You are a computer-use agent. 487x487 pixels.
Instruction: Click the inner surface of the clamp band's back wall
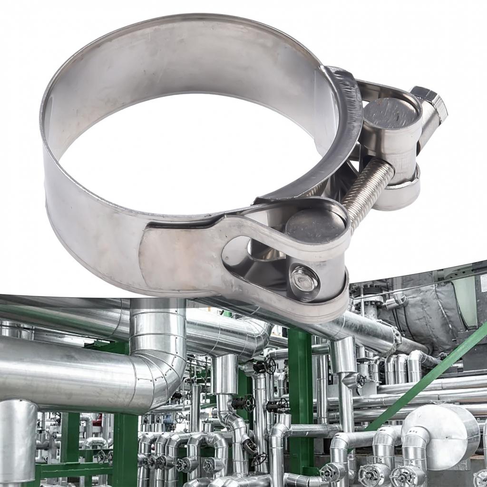point(190,71)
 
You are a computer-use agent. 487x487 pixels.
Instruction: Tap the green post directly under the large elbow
point(125,447)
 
